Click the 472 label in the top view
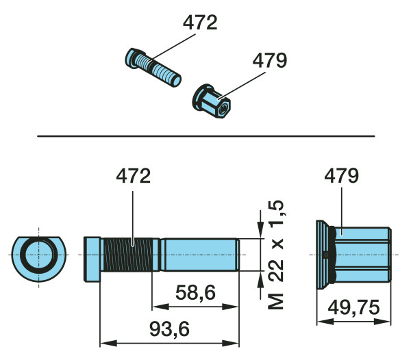click(200, 22)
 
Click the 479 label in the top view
click(270, 60)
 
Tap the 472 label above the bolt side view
click(133, 176)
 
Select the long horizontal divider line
click(206, 136)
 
